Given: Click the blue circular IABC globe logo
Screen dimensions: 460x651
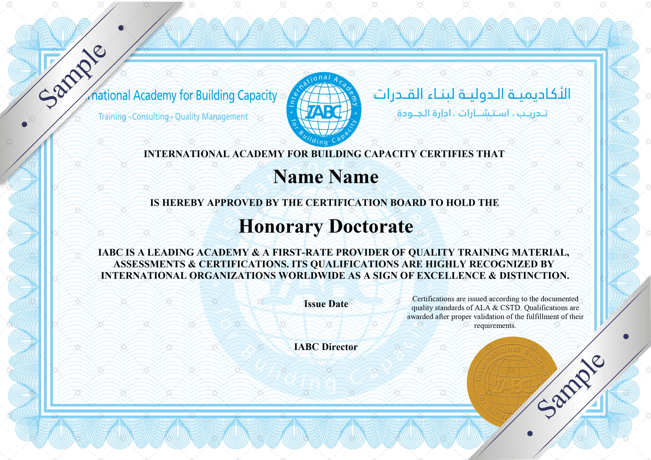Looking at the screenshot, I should (x=323, y=110).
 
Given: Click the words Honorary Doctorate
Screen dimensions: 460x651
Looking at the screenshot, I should (x=326, y=226).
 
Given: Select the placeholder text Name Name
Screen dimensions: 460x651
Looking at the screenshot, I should (x=325, y=177).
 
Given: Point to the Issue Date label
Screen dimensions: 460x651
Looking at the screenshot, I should (x=326, y=304).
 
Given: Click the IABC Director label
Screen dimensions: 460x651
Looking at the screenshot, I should (x=326, y=347).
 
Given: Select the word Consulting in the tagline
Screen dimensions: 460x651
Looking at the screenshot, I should (x=150, y=117).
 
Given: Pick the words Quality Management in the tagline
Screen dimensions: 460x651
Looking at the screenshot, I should (x=211, y=117).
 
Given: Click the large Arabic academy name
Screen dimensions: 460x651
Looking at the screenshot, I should (x=472, y=94).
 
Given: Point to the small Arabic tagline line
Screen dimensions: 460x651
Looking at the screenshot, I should (x=472, y=114).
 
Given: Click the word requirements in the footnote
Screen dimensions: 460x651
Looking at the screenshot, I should (x=495, y=326).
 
